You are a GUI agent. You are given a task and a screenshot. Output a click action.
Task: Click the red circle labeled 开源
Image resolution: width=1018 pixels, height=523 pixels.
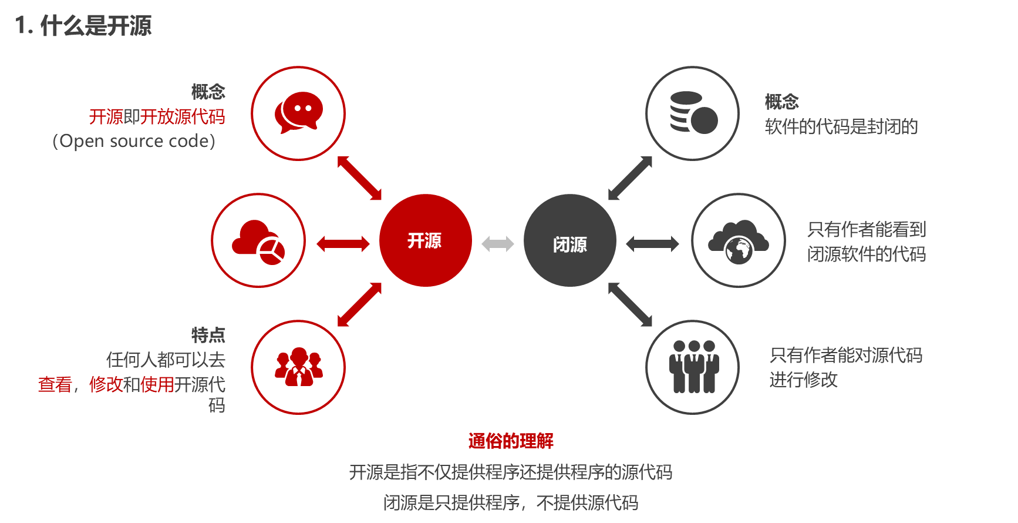425,240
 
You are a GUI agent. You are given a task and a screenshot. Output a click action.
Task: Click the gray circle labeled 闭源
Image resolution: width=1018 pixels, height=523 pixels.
569,241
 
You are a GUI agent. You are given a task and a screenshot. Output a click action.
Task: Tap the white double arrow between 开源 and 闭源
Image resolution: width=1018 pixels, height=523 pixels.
497,243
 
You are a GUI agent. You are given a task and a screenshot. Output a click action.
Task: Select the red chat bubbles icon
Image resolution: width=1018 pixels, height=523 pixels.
298,112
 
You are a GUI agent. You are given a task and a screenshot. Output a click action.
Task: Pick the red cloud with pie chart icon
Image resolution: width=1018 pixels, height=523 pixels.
258,241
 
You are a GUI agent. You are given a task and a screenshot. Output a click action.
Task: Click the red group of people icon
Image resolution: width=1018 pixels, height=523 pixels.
298,367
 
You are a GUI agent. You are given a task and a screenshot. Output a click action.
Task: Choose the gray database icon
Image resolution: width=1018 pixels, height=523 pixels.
693,112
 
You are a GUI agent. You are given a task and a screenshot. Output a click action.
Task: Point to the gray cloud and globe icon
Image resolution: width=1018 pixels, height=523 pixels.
738,241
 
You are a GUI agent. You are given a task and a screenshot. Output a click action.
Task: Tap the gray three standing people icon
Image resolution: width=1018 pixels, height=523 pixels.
693,367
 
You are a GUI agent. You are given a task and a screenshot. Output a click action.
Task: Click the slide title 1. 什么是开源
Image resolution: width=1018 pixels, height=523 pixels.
83,26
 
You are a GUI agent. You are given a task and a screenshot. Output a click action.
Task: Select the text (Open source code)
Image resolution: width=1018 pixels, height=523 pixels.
134,141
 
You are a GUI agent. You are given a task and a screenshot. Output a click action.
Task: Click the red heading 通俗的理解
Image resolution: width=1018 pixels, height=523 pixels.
511,441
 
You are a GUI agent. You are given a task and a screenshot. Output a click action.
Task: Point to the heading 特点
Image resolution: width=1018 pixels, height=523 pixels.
208,335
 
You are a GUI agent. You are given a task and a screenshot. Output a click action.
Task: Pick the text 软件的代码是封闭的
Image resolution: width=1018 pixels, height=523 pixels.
841,126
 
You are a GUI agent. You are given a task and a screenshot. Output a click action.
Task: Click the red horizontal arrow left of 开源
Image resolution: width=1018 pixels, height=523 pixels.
343,243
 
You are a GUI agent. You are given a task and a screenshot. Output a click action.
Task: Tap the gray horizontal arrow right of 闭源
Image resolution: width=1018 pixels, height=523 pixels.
652,243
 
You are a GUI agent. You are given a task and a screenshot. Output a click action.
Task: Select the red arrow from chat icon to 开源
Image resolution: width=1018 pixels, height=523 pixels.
359,177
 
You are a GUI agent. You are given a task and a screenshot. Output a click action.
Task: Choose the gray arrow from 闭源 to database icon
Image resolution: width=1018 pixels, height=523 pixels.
631,177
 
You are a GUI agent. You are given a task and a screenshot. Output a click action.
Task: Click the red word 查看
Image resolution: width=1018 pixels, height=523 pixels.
55,384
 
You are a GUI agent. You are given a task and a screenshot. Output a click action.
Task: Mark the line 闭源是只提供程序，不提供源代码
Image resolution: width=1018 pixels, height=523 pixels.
510,502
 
